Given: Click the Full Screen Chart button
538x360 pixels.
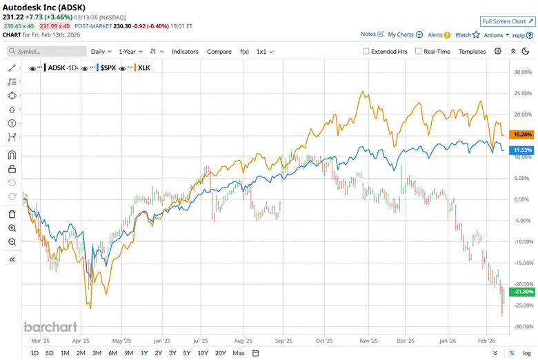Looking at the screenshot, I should [507, 21].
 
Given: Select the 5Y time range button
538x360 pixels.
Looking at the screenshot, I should [187, 353].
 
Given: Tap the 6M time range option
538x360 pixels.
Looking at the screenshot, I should [112, 353].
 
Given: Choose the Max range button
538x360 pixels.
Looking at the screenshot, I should [239, 353].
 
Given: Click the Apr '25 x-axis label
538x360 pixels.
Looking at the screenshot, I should [81, 341].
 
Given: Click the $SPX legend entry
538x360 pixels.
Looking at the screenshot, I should [107, 68].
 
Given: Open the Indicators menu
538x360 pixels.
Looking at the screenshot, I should [185, 51].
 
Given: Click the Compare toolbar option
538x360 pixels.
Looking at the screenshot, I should [219, 51].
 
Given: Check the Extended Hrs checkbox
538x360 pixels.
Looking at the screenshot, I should [367, 51].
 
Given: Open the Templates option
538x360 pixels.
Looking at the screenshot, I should [472, 51].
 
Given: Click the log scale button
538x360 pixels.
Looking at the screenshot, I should [527, 353].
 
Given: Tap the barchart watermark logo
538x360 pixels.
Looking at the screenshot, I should [50, 327].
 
